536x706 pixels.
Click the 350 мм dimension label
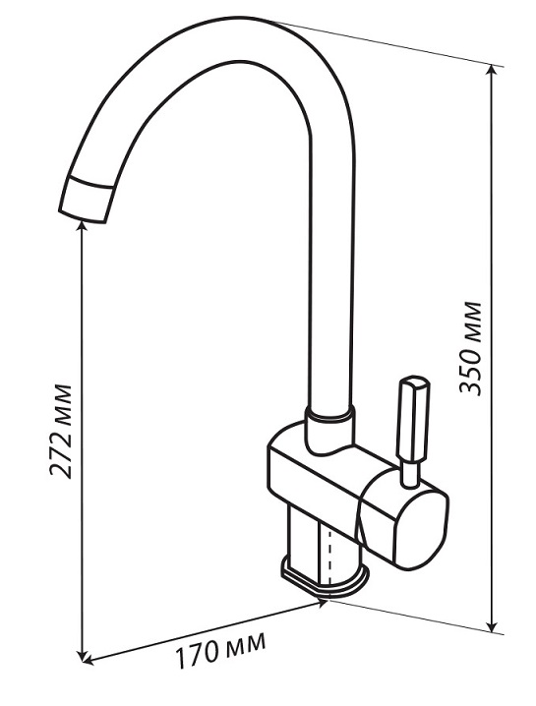[470, 349]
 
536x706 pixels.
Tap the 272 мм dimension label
[60, 431]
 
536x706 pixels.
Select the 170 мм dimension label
[220, 649]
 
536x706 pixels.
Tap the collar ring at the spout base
[329, 413]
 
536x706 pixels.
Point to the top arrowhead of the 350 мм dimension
[494, 71]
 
